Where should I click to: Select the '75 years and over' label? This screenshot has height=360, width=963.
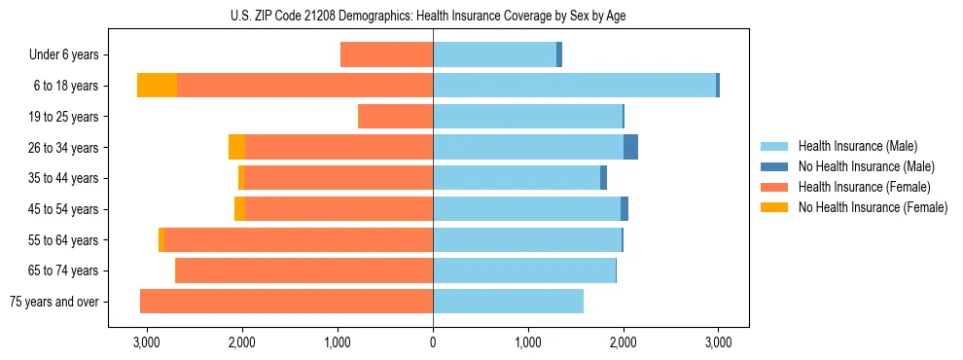(x=54, y=302)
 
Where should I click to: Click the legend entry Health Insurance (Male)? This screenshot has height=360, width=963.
(x=857, y=146)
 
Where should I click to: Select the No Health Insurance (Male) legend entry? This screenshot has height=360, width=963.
(x=866, y=166)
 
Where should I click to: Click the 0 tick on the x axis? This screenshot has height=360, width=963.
(x=433, y=343)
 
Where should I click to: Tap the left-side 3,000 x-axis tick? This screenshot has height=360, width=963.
(x=147, y=343)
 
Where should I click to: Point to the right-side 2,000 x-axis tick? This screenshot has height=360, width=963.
(x=624, y=343)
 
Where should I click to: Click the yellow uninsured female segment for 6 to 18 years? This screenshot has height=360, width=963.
(x=157, y=86)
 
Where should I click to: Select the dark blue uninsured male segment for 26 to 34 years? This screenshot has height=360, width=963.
(x=630, y=147)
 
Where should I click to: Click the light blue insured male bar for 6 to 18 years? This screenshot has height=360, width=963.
(x=574, y=86)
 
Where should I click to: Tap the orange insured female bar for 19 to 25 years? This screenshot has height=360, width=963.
(x=396, y=117)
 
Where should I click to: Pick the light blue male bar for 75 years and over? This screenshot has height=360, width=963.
(x=508, y=302)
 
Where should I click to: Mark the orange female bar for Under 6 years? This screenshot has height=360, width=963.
(x=387, y=55)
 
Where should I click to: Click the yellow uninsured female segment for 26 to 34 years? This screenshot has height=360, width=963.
(x=236, y=147)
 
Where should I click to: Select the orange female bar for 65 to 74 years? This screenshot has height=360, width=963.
(x=303, y=270)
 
